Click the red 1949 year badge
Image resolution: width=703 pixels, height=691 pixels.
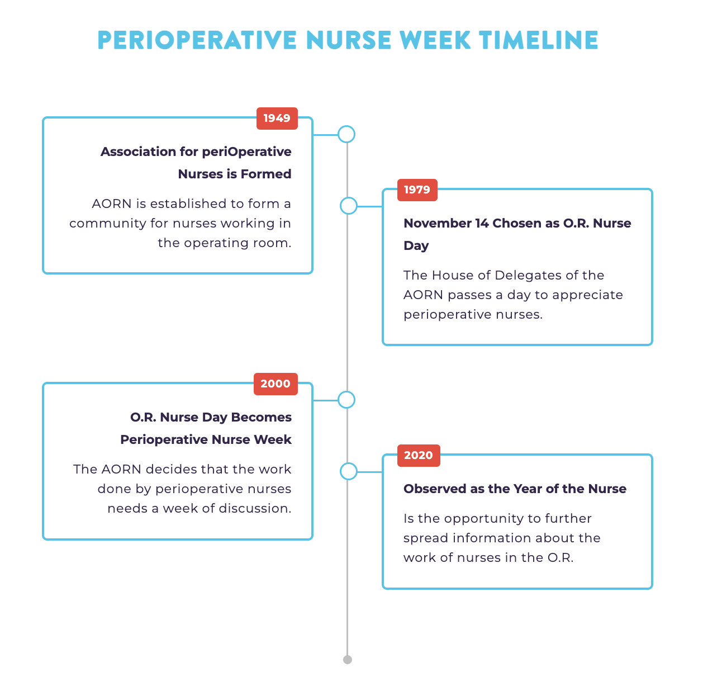277,119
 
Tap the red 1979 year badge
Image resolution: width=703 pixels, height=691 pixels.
417,190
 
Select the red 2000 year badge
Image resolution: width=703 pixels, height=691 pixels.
275,384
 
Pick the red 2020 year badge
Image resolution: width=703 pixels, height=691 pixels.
419,455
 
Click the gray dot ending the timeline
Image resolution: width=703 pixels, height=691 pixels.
347,660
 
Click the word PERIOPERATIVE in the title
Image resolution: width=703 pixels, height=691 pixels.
197,40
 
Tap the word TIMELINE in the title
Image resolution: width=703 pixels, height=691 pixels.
539,40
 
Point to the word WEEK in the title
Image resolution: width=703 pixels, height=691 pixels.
435,40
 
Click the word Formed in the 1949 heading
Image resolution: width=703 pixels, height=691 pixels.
266,174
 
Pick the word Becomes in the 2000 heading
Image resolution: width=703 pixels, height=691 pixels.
261,417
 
